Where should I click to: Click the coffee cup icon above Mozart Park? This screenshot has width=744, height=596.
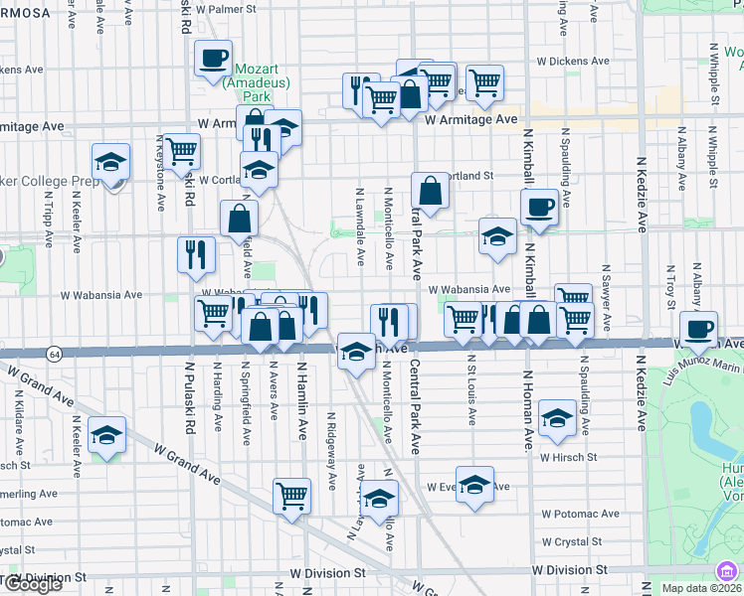click(x=214, y=58)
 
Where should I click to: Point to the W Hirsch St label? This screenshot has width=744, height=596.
click(x=568, y=458)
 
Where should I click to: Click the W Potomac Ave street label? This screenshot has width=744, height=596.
click(x=580, y=514)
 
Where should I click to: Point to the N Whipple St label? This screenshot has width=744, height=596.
click(x=714, y=74)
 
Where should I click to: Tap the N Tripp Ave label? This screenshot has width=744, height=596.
click(x=48, y=214)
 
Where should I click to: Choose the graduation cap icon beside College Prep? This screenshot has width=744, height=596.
click(x=110, y=162)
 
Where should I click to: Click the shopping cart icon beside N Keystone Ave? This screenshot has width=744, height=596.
click(x=181, y=152)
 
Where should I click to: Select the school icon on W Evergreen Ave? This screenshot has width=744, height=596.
click(x=475, y=485)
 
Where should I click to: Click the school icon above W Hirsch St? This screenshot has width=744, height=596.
click(x=557, y=417)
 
